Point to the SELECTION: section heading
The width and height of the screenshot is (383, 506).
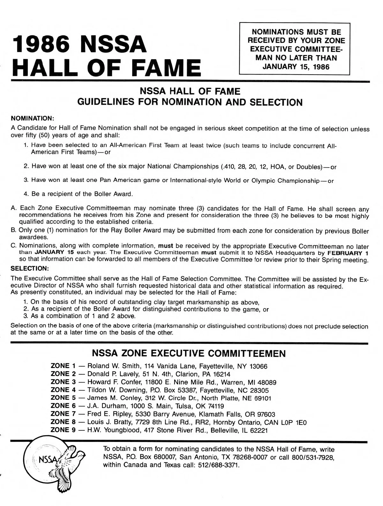click(29, 268)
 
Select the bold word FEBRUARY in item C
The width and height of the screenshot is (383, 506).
click(339, 253)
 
